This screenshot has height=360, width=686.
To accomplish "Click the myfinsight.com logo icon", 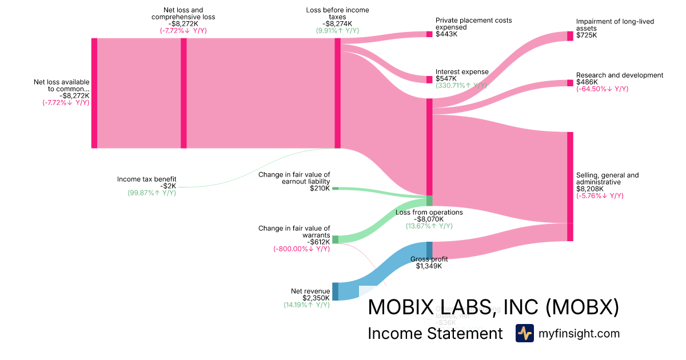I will coord(525,333).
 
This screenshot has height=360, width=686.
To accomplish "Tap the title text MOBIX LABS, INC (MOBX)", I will coord(493,307).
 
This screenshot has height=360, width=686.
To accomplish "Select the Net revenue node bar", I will coord(336,291).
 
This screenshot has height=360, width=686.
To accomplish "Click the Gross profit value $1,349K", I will coord(428,266).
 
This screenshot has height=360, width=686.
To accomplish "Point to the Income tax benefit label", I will coord(147,179).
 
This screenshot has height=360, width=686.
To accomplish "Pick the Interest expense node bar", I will coord(429,79).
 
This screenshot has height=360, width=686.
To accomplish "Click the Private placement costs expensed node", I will coord(429,34).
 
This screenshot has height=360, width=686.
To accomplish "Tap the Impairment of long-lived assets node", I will coord(570,36).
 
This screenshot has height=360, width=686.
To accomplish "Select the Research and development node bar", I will coord(570,83).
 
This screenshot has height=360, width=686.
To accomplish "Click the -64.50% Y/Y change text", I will coord(602,89).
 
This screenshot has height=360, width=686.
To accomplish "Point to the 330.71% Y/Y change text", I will coord(461,85).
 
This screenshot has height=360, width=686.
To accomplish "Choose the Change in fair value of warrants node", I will coord(336,239).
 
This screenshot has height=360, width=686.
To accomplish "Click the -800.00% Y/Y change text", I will coord(302,249).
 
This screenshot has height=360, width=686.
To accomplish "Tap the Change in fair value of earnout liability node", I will coord(336,188).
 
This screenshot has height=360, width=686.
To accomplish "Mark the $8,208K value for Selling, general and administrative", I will coord(589,189).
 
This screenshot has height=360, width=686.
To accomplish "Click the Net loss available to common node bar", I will coord(94,93).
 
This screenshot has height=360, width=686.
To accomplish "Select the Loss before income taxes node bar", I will coord(338,93).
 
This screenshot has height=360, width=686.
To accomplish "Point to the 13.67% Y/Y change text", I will coord(429,226).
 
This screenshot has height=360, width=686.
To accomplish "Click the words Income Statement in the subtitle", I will coord(435,334).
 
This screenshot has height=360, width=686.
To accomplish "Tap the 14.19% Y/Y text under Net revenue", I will coord(307,305).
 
